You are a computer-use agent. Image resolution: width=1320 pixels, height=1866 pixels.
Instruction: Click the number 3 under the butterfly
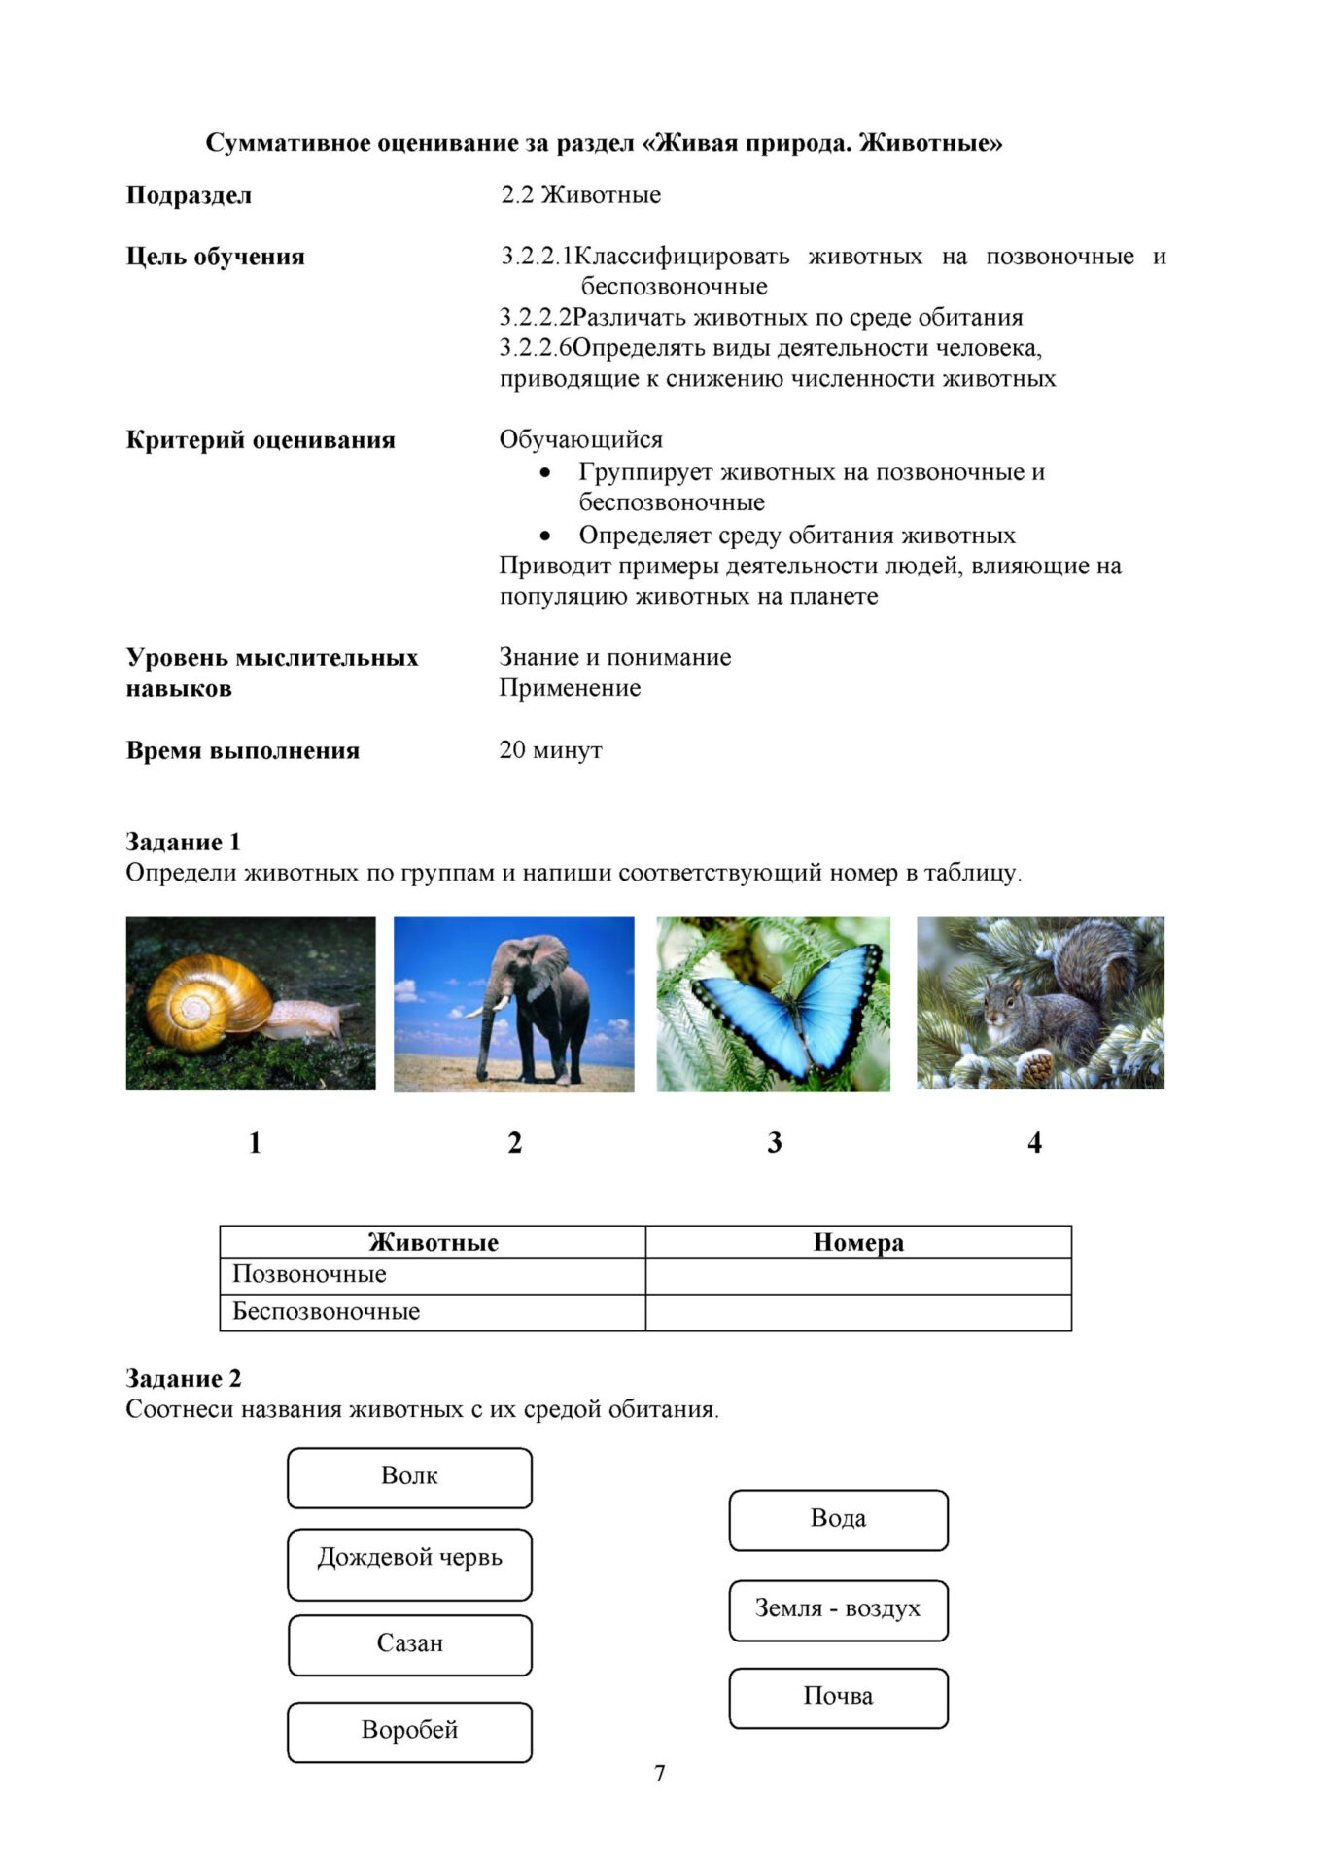774,1143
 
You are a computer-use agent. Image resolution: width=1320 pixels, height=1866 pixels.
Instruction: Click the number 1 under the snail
255,1143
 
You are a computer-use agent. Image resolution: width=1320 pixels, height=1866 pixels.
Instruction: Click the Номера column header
858,1242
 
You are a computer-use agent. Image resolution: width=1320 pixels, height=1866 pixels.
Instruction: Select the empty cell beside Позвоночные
858,1275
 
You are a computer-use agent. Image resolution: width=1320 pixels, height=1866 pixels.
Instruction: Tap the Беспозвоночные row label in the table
326,1312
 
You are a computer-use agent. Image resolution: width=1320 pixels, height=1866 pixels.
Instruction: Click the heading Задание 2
184,1378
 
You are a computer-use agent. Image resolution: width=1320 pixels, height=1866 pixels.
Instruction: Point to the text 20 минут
550,750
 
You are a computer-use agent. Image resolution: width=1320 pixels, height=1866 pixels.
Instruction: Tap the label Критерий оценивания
261,440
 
